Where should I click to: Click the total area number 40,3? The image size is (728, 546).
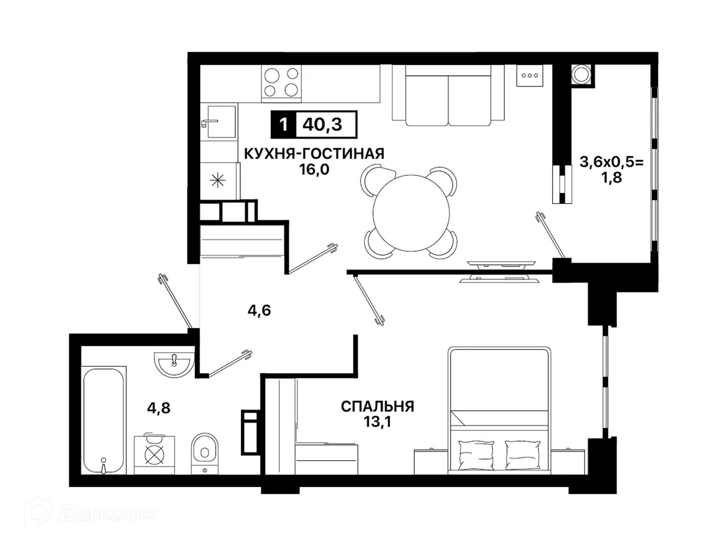[322, 125]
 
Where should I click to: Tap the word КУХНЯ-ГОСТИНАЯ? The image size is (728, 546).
[314, 154]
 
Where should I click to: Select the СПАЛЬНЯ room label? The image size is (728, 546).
[378, 406]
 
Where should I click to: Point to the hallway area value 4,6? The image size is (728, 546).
[259, 310]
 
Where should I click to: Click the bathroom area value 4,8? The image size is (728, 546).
[159, 408]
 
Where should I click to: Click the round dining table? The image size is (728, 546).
[411, 213]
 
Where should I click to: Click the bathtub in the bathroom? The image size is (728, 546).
[104, 420]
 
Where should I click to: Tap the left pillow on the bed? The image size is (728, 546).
[476, 455]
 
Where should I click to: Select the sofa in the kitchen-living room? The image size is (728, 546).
[448, 96]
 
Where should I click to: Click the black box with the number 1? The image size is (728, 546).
[284, 125]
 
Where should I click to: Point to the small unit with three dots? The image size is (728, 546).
[529, 76]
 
